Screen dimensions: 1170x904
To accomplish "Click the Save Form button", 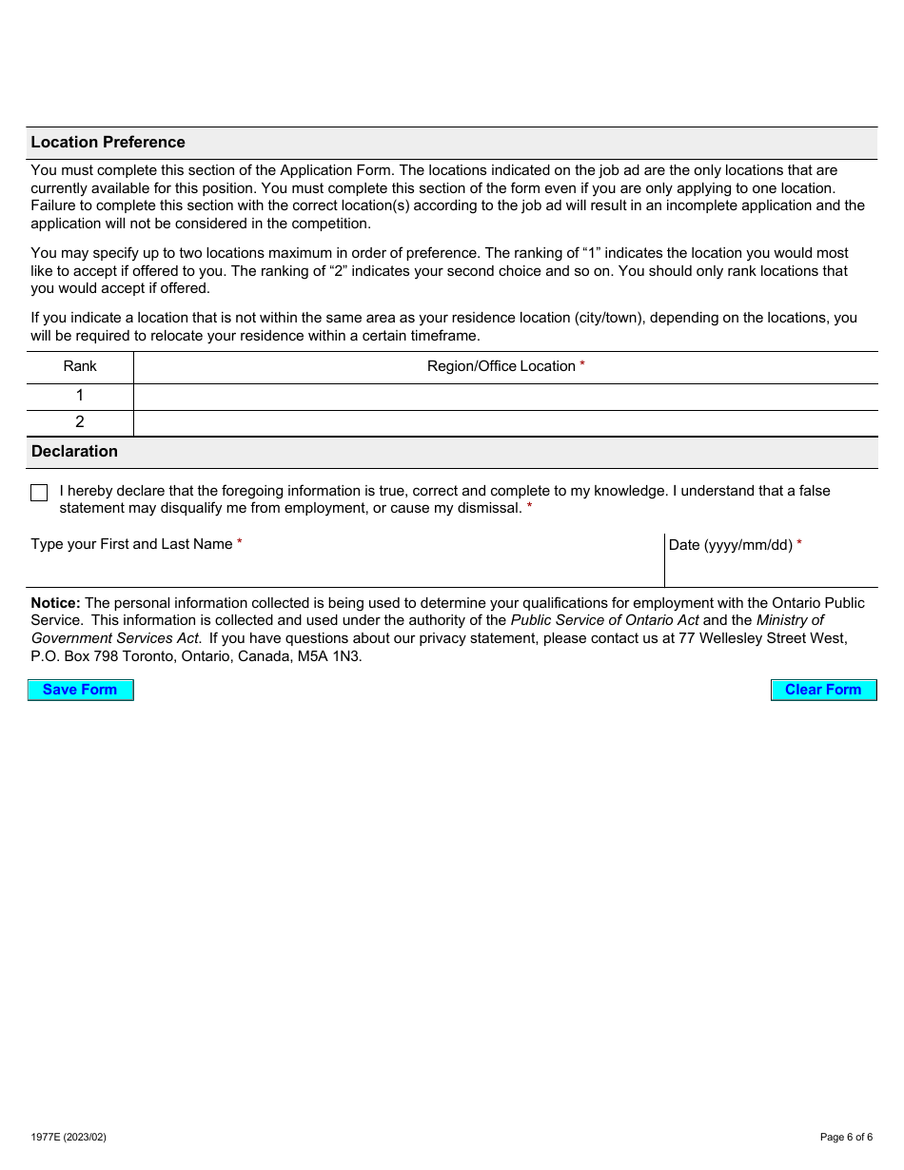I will click(x=80, y=690).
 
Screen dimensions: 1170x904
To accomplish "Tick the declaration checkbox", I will click(x=39, y=493).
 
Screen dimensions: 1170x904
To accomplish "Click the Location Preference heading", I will click(x=108, y=143).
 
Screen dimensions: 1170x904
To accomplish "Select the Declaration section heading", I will click(x=74, y=452).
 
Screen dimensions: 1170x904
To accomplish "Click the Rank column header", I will click(x=80, y=366).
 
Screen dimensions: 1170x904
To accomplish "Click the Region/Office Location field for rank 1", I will click(x=505, y=396).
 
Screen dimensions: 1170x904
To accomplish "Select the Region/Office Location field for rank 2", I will click(x=505, y=422).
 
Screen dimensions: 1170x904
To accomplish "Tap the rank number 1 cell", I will click(x=80, y=396).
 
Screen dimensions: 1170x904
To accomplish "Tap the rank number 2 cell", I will click(x=80, y=422).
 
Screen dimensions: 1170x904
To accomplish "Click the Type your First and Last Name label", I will click(x=132, y=544).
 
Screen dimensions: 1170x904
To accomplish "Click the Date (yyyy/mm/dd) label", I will click(x=731, y=545).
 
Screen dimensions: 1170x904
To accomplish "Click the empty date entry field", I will click(x=771, y=571).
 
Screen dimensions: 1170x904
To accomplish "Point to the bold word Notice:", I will click(x=55, y=603).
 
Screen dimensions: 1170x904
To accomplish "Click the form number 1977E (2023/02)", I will click(x=69, y=1137).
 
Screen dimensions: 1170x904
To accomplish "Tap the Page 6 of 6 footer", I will click(x=846, y=1137).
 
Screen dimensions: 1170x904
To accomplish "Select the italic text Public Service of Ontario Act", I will click(x=604, y=620).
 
